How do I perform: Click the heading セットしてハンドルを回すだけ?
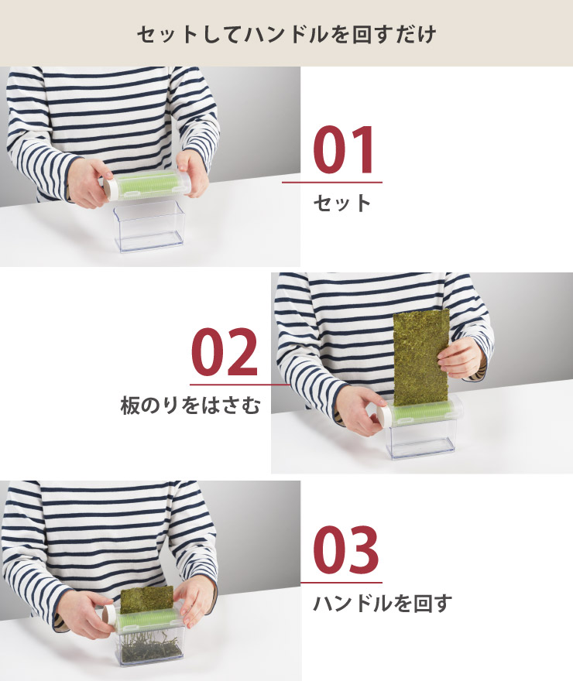pos(286,34)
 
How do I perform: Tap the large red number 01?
pos(343,150)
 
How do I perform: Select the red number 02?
pos(225,352)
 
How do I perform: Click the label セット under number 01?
pos(342,204)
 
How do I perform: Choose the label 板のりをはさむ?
pos(190,406)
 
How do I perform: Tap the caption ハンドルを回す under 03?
pos(383,604)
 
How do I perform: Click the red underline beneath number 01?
pos(332,183)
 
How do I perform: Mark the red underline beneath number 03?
pos(341,583)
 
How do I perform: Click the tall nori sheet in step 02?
pos(420,358)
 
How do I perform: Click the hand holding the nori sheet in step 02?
pos(460,358)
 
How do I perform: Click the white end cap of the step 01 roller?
pos(111,190)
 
